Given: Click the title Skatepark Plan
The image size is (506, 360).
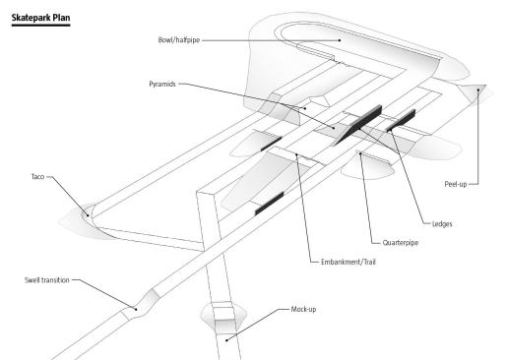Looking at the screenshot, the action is coord(40,18).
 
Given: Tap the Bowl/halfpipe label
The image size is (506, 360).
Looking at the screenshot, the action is coord(179,40).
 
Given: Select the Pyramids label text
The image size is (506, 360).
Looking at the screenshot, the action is coord(162,84).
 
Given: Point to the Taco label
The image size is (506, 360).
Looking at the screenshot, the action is coord(37,177).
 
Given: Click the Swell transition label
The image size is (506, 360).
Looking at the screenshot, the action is coord(47,280).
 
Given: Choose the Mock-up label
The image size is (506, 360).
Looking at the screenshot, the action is coord(303,309).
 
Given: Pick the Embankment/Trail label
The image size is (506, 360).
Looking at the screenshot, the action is coord(348,262).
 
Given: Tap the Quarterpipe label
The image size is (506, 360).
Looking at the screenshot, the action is coord(401,243).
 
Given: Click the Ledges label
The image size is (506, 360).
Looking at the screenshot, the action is coord(442,224).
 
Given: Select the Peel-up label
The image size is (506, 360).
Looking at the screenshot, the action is coord(456,184).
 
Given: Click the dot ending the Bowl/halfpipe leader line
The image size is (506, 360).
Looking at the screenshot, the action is coord(340,40).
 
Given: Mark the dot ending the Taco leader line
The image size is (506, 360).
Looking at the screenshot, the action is coord(88,215).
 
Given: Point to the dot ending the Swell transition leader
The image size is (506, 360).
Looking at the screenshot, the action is coord(136,309).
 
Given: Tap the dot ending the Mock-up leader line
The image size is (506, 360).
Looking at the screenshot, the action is coord(226,340).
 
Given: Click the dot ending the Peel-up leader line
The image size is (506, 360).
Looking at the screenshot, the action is coord(478,90).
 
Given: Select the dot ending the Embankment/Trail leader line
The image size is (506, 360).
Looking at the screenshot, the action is coord(296,154).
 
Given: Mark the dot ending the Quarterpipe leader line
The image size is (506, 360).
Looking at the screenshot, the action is coord(360,153).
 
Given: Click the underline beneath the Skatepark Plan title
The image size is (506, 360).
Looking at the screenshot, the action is coord(40,25).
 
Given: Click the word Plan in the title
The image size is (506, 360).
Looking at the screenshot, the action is coord(61,18).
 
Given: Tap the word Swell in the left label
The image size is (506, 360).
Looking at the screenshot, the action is coord(32,280).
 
